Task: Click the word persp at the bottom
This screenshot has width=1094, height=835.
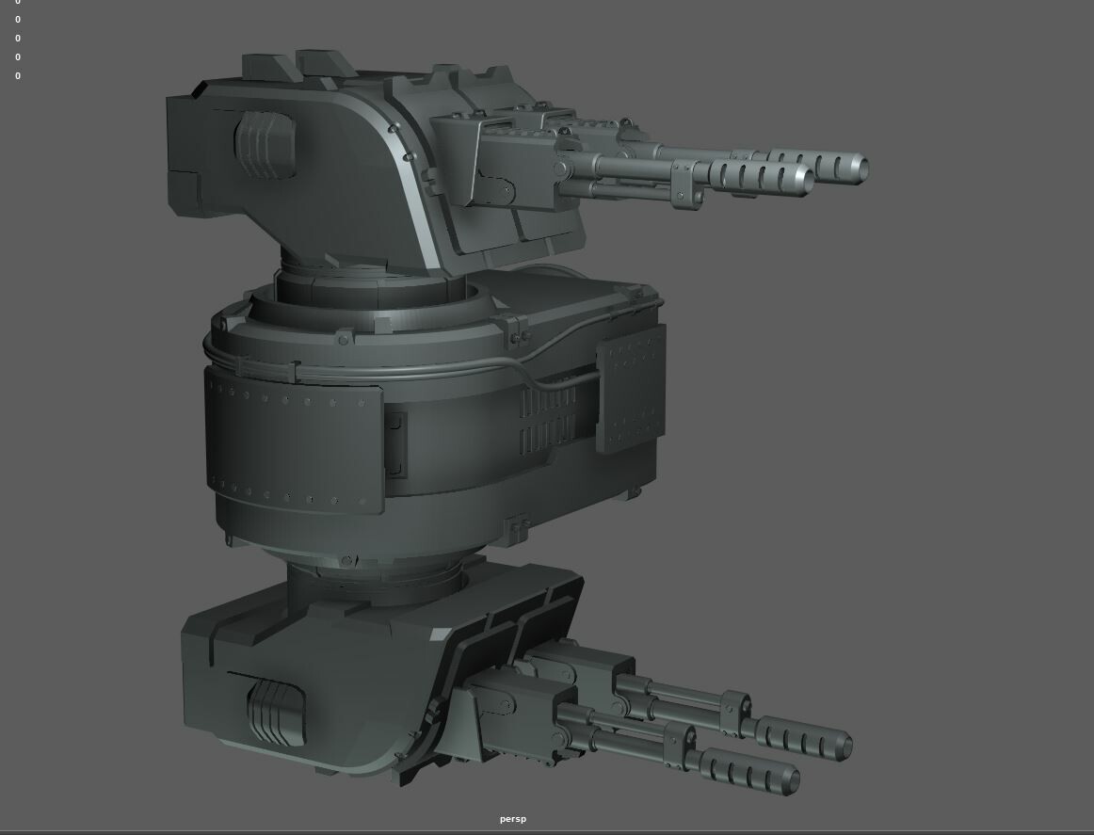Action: point(513,819)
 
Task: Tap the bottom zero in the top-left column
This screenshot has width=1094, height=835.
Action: point(18,76)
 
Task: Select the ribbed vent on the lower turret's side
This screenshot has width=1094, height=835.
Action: point(275,712)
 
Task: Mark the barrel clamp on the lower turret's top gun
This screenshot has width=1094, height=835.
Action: point(735,708)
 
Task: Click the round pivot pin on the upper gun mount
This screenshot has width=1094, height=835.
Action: point(508,191)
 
